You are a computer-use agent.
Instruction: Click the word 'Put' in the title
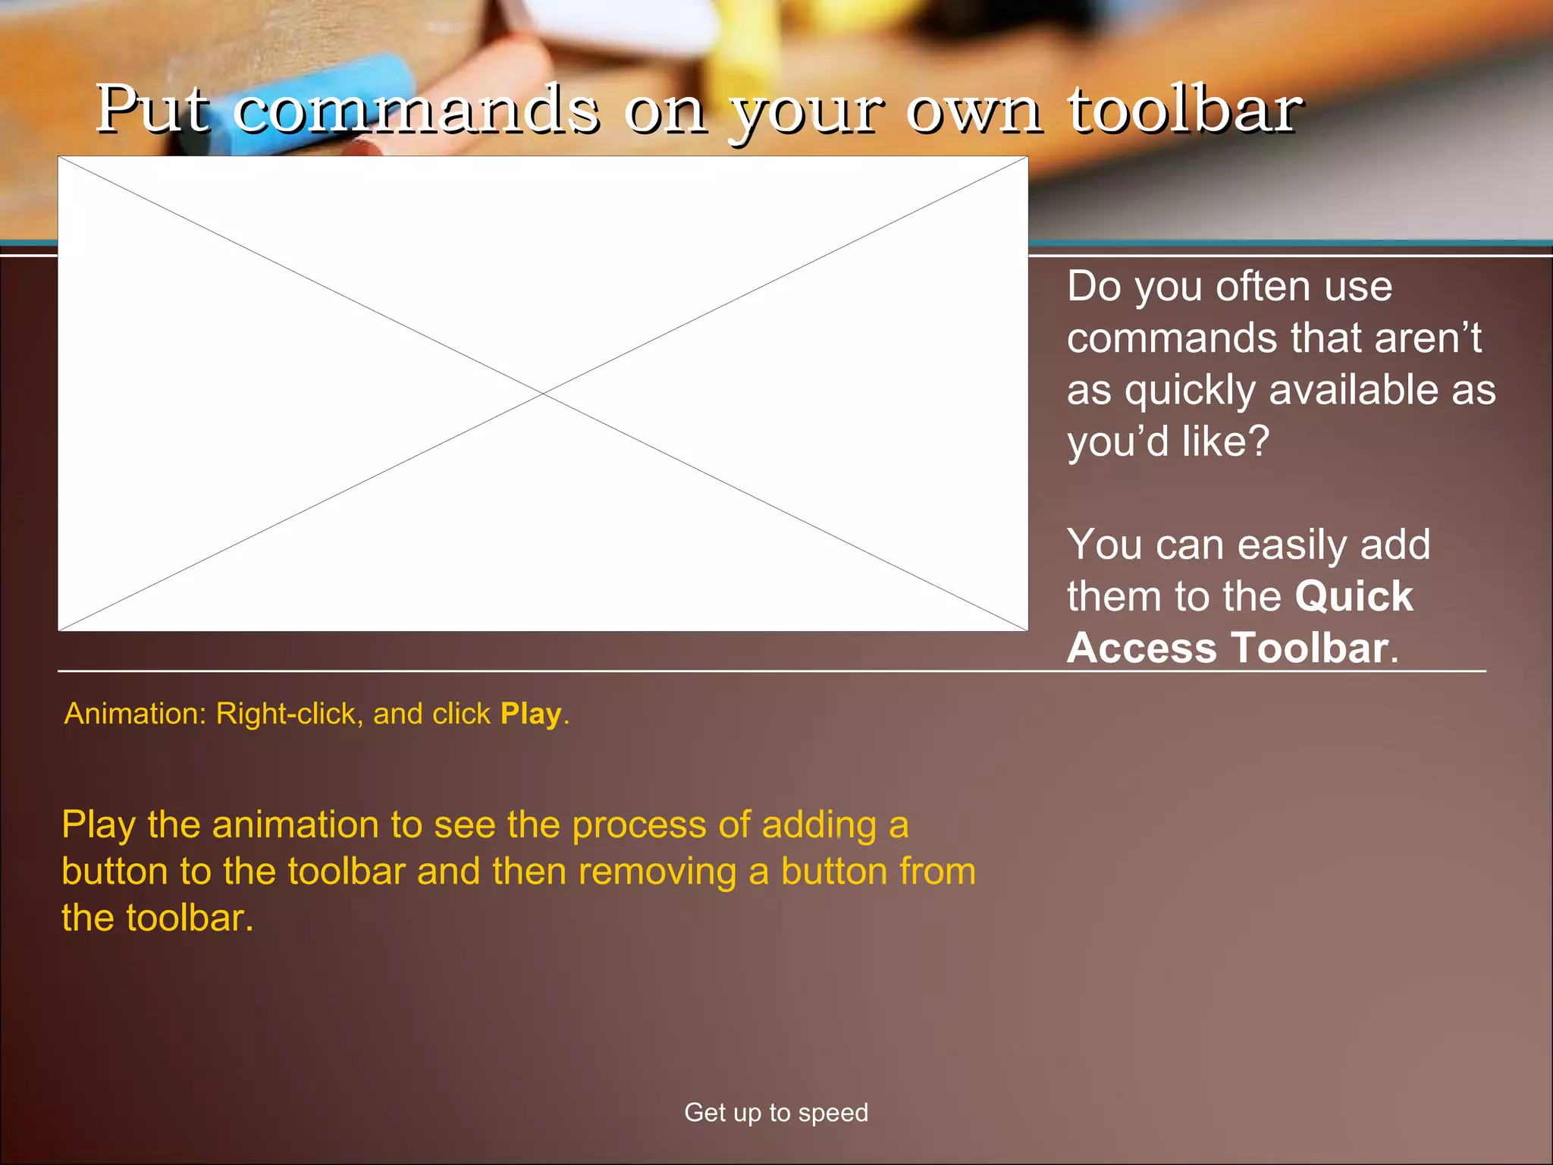pos(152,109)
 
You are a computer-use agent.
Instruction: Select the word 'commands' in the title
pos(416,111)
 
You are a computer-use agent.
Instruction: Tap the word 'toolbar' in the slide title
pos(1185,109)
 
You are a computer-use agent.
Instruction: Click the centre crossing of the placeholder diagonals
pos(543,394)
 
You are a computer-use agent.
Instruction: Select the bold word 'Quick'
pos(1354,596)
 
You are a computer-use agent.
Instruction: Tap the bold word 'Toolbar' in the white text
pos(1310,648)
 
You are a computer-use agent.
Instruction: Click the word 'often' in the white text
pos(1263,287)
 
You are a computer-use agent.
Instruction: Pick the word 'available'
pos(1352,390)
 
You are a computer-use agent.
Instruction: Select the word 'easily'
pos(1292,545)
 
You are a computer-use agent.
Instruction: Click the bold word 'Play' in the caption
pos(530,714)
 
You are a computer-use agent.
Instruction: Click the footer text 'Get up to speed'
pos(776,1112)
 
